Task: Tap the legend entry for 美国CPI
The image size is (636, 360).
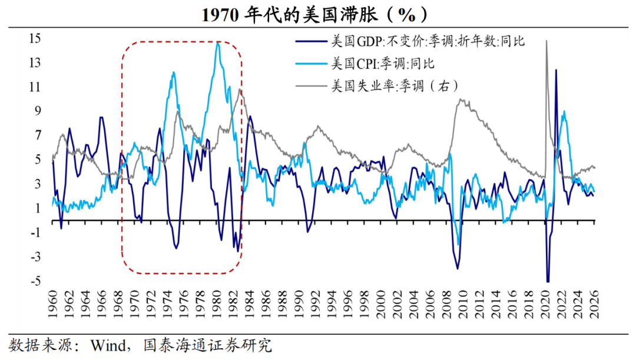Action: pyautogui.click(x=383, y=63)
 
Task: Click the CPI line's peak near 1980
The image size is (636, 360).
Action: pyautogui.click(x=218, y=42)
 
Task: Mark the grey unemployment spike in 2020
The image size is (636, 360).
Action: pyautogui.click(x=546, y=41)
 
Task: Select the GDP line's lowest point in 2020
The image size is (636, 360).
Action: pyautogui.click(x=548, y=282)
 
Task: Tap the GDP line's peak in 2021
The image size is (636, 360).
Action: pyautogui.click(x=556, y=70)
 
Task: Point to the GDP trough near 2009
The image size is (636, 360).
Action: pyautogui.click(x=458, y=269)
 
